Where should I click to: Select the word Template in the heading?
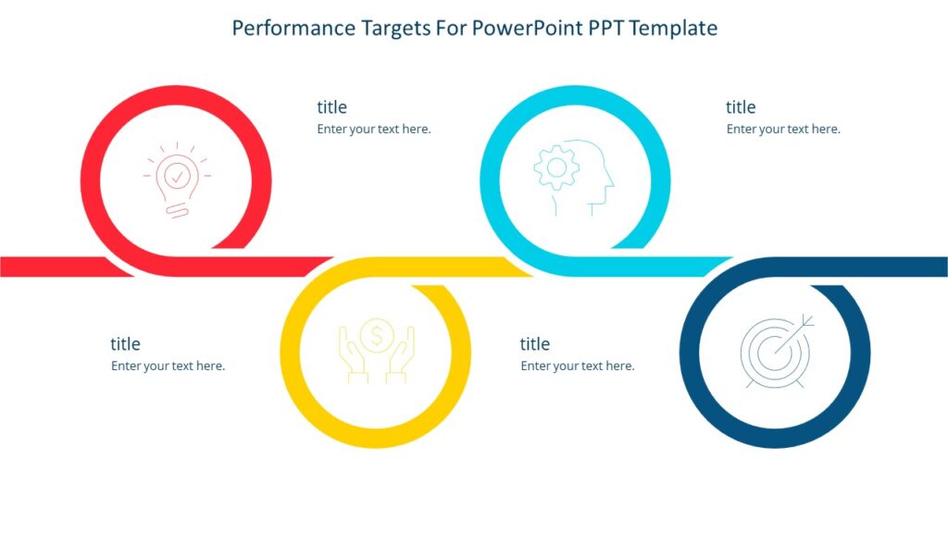tap(674, 28)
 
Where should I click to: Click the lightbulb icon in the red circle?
tap(176, 180)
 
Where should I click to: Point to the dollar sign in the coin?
tap(376, 335)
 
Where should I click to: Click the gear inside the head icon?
tap(556, 167)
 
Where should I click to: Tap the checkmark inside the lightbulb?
tap(177, 173)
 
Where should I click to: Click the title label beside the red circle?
tap(331, 107)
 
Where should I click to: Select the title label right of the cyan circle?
tap(741, 107)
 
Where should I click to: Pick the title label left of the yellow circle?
tap(125, 344)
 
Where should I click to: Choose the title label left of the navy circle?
tap(535, 344)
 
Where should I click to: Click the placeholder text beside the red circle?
tap(374, 130)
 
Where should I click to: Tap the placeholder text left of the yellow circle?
tap(168, 366)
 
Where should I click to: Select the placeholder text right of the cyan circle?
tap(783, 130)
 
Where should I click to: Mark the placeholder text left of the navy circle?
tap(578, 366)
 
